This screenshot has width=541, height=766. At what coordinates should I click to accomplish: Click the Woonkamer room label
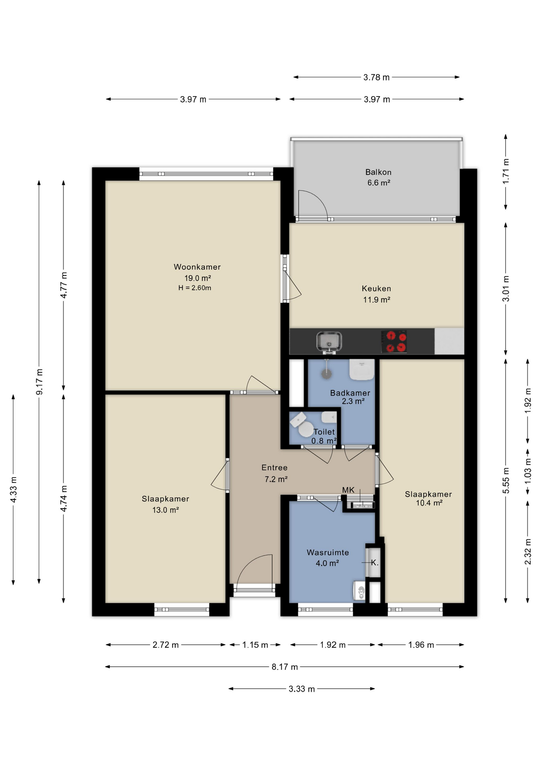[x=197, y=267]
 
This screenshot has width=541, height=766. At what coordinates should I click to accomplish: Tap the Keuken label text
[x=376, y=288]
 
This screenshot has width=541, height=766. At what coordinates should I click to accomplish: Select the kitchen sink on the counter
[x=329, y=342]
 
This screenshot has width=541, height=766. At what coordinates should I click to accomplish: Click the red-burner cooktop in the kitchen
[x=394, y=342]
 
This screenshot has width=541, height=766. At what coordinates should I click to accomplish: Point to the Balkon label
[x=378, y=172]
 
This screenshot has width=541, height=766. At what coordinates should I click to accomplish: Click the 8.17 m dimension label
[x=285, y=667]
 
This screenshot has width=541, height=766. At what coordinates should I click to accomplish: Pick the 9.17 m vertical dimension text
[x=39, y=382]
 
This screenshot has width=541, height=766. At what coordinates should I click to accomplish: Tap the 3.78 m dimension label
[x=376, y=77]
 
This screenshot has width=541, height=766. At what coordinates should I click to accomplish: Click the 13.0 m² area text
[x=165, y=510]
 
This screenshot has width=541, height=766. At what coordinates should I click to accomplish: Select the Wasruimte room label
[x=328, y=553]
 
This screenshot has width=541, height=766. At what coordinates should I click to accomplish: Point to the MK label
[x=348, y=490]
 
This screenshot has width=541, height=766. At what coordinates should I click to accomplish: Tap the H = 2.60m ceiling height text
[x=195, y=288]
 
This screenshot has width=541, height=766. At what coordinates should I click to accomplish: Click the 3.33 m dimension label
[x=302, y=689]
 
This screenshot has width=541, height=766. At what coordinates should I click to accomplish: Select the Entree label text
[x=274, y=468]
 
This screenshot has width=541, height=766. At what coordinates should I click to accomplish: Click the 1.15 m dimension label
[x=255, y=645]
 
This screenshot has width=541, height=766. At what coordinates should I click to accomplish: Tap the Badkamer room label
[x=350, y=393]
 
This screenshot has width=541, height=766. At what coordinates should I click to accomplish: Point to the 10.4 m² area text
[x=429, y=503]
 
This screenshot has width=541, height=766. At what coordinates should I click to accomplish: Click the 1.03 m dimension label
[x=528, y=471]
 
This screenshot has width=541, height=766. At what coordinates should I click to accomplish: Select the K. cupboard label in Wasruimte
[x=374, y=563]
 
